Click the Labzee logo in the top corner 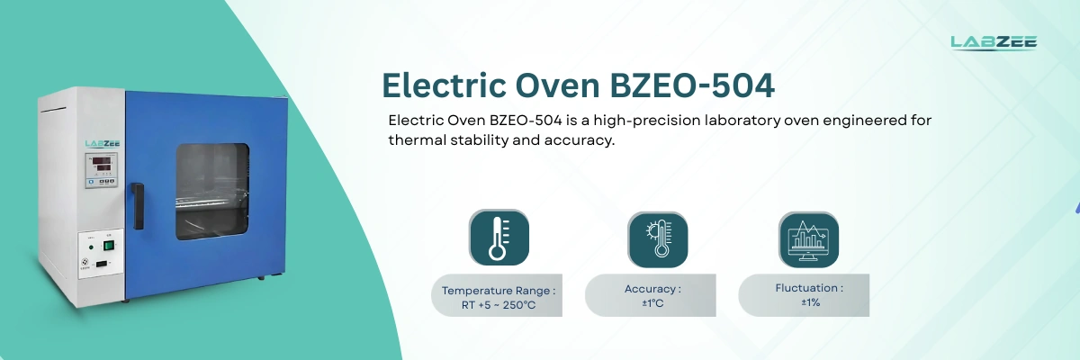click(994, 42)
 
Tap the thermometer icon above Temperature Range click(499, 238)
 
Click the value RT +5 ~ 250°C click(499, 305)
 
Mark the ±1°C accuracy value click(652, 302)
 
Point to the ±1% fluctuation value click(810, 302)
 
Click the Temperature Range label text click(499, 291)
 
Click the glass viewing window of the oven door click(211, 190)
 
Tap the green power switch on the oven click(109, 244)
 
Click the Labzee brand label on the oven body click(102, 143)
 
